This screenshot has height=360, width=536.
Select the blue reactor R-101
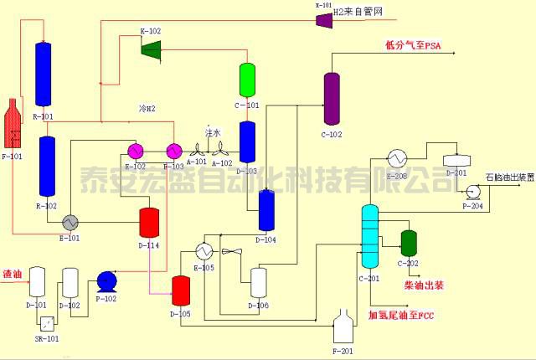coord(43,74)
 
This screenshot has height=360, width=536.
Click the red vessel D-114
coord(149,222)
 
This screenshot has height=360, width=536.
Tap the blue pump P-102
coord(107,281)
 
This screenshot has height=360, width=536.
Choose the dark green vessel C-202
coord(409,243)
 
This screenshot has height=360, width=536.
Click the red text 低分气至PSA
coord(412,45)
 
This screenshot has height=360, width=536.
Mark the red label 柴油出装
coord(424,285)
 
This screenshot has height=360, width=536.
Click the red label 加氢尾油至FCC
coord(402,316)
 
